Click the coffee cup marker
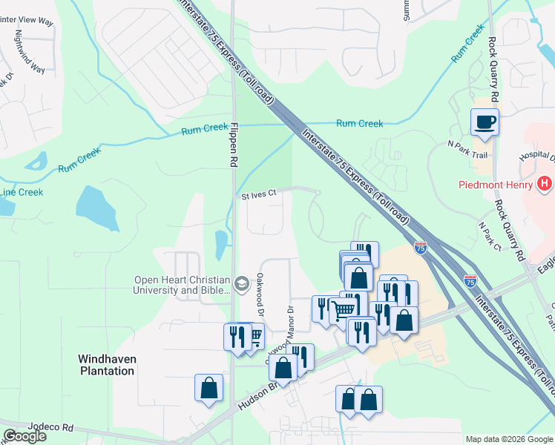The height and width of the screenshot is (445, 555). [x=485, y=122]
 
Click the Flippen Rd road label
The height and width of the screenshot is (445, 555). [x=232, y=145]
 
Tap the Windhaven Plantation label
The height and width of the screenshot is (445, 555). [x=107, y=364]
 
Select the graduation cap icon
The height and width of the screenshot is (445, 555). [x=242, y=284]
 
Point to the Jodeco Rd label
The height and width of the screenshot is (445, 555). [x=51, y=428]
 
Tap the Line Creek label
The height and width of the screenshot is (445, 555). [x=21, y=192]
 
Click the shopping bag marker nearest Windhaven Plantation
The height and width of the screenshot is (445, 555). [x=209, y=387]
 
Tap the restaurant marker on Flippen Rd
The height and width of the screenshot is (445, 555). [x=237, y=336]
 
